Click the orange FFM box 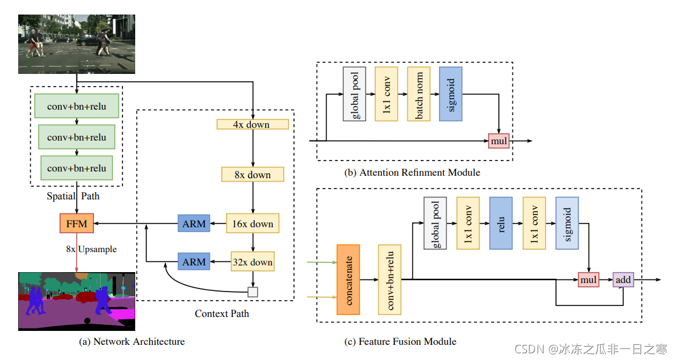76,224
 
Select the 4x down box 252,124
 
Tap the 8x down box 252,175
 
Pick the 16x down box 252,224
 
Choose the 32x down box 252,262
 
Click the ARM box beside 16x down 194,224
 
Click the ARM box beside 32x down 194,262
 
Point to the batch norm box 419,94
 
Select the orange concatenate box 348,279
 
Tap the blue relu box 501,223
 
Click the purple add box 623,279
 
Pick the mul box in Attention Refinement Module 498,141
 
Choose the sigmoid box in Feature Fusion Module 567,223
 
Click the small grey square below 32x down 253,292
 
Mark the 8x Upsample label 91,249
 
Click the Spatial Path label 73,196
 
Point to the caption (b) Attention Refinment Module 412,173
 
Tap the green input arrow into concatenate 322,262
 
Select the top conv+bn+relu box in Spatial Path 76,107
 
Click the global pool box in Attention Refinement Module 355,94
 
